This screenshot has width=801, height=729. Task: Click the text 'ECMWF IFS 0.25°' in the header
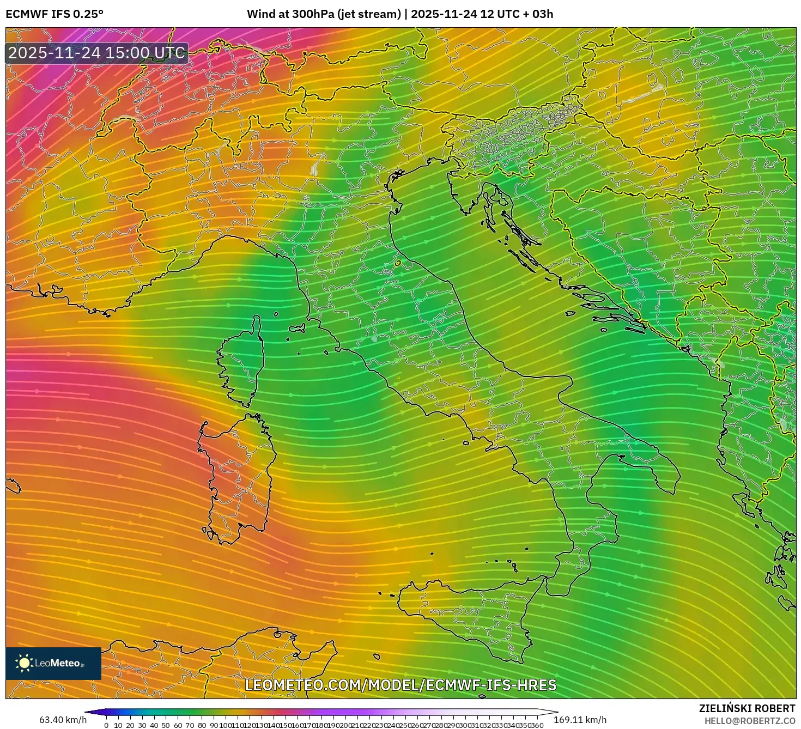54,14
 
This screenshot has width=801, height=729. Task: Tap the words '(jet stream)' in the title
369,14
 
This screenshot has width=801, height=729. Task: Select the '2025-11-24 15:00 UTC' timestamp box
97,53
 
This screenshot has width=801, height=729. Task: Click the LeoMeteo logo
53,663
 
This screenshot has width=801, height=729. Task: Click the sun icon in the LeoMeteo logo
24,663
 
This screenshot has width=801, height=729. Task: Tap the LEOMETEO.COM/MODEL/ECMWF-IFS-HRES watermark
400,685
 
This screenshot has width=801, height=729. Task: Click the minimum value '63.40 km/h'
63,720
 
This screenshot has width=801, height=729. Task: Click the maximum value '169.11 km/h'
580,720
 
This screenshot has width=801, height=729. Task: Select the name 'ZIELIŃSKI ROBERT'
747,708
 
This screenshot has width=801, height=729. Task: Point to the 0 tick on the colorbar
106,725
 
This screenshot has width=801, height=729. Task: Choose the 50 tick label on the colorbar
166,725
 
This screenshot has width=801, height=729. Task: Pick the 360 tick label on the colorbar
537,725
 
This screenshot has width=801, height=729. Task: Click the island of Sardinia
237,479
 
